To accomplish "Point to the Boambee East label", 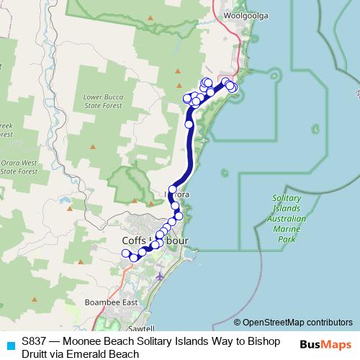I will (x=111, y=302).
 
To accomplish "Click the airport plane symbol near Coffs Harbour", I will (x=159, y=275).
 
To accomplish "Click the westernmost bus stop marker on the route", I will (x=125, y=253).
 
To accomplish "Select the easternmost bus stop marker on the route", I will (x=233, y=88).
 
